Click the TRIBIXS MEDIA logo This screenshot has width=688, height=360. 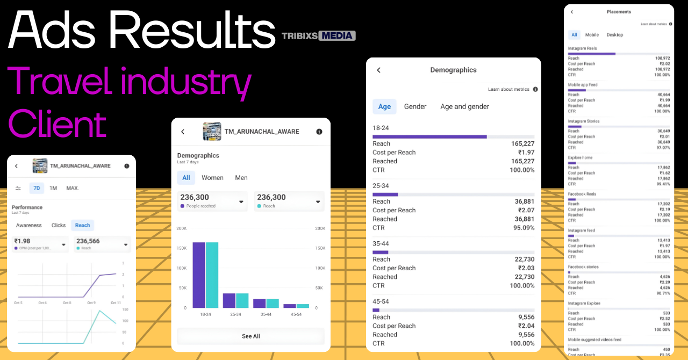[319, 36]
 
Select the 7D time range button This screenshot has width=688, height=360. [37, 188]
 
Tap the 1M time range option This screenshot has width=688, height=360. [53, 188]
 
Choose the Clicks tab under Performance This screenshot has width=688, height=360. [59, 226]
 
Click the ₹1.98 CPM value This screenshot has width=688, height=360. [23, 241]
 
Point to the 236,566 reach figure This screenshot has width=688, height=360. [89, 241]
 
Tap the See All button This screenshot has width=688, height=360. [250, 336]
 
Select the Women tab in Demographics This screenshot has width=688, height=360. [213, 178]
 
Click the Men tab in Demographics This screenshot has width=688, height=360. [241, 178]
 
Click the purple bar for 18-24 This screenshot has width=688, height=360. [199, 275]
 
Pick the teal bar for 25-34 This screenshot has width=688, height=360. [242, 300]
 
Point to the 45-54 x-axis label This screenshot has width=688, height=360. [296, 314]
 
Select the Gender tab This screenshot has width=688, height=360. [415, 106]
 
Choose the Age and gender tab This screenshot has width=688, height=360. [464, 106]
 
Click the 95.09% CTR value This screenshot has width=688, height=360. [522, 227]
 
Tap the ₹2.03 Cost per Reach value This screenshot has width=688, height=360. [526, 268]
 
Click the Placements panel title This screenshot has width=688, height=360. [619, 12]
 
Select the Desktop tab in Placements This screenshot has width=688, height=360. [615, 35]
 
